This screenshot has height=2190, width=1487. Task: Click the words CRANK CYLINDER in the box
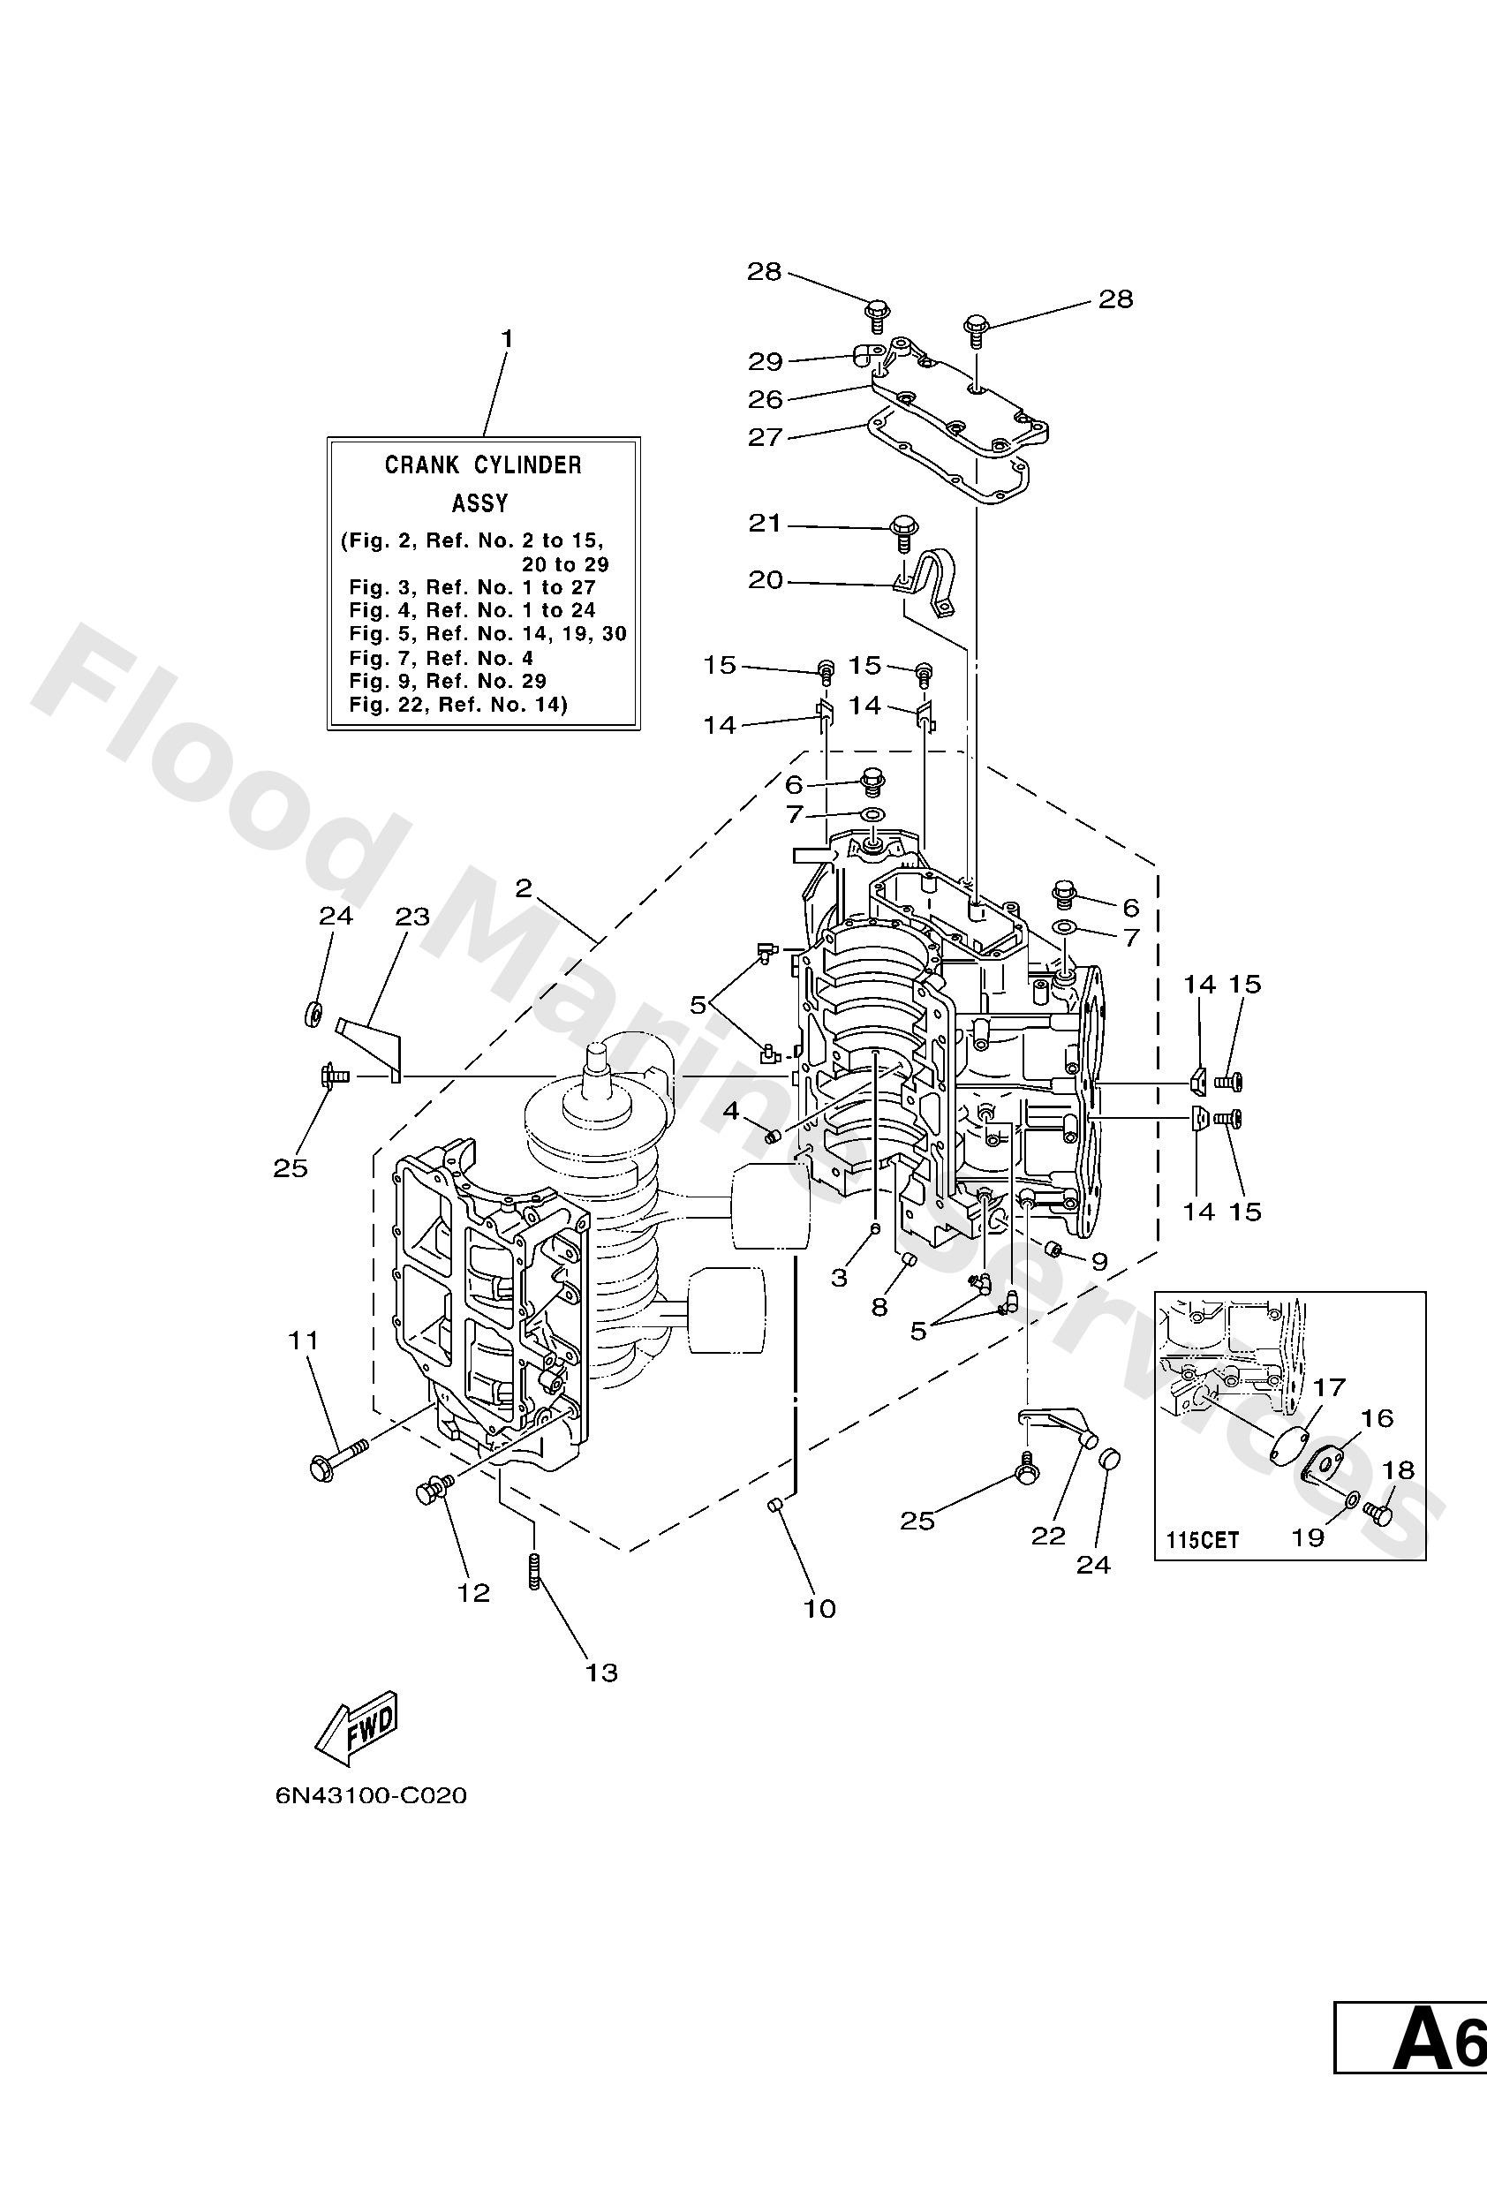pos(482,464)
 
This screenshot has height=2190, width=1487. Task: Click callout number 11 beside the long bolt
pos(304,1340)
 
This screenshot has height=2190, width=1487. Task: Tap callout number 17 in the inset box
pos(1329,1387)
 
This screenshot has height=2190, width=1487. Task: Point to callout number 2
pos(524,888)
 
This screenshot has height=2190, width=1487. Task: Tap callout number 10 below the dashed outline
pos(819,1609)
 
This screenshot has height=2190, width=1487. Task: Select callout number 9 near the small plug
pos(1098,1261)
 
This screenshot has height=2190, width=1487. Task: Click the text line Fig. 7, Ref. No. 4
pos(440,658)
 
